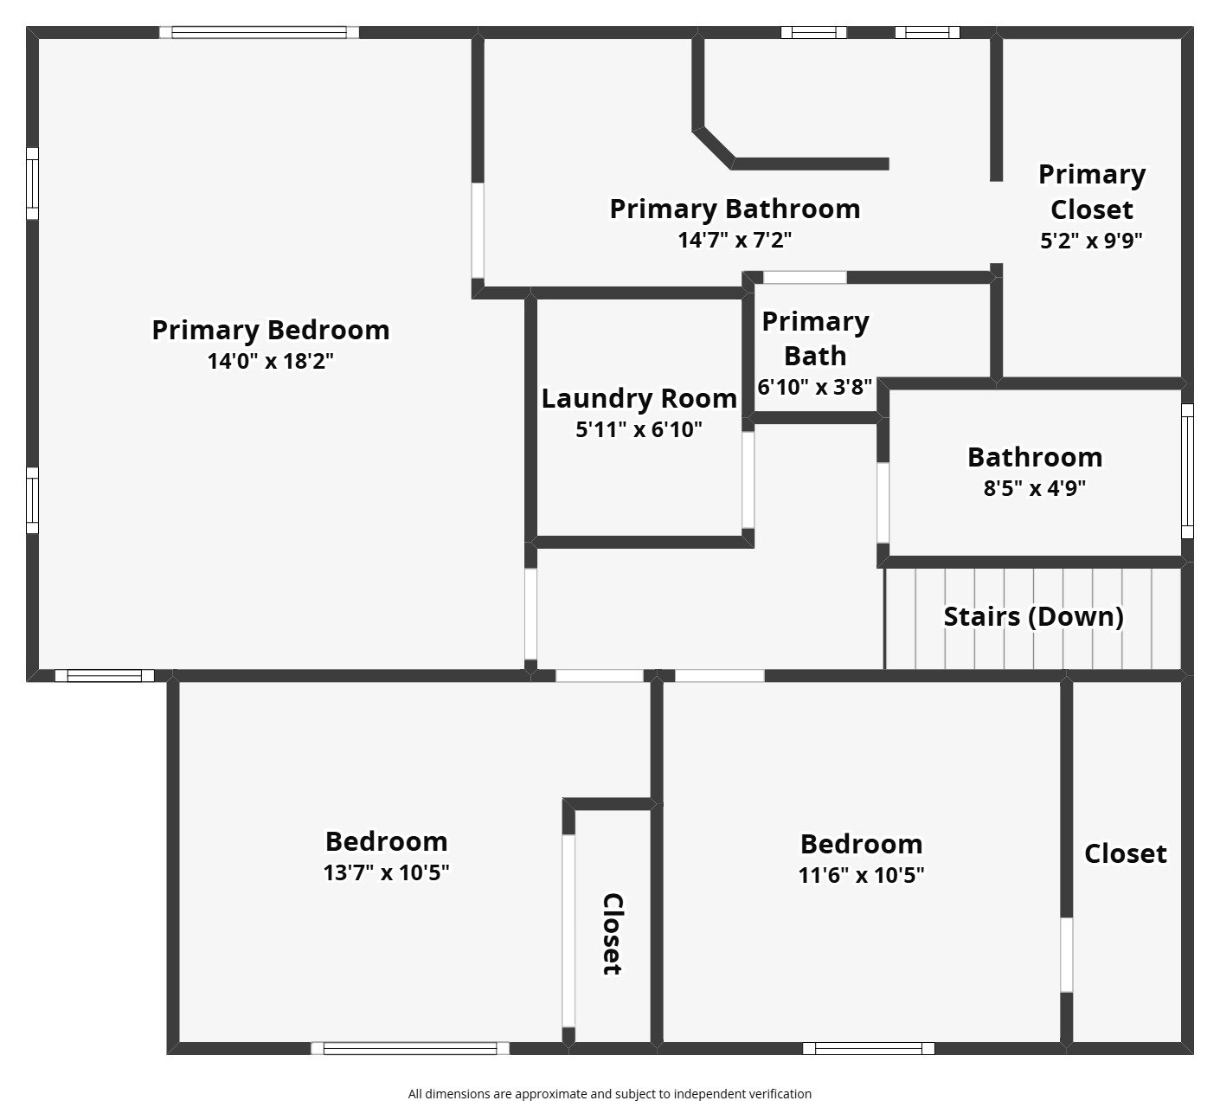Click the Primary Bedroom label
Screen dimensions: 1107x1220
270,330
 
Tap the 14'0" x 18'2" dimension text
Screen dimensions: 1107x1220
270,362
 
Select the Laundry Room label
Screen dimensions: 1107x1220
639,398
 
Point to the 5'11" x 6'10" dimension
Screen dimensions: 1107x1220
639,429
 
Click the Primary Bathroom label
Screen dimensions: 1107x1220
735,209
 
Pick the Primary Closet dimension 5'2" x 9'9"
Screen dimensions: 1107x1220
1091,241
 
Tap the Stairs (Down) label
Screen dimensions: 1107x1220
1033,616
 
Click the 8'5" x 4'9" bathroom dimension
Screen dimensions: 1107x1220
1034,488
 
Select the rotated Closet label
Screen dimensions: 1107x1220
612,934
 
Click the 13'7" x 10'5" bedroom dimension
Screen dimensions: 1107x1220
386,872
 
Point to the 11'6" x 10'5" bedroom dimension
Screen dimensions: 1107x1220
861,875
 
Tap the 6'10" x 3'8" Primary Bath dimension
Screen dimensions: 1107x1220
814,387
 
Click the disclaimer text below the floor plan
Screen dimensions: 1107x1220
609,1093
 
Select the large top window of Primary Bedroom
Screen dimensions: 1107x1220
259,33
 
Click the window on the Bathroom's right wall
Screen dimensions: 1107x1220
1187,471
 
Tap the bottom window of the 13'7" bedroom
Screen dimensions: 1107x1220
410,1048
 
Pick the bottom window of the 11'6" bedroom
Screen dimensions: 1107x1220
868,1048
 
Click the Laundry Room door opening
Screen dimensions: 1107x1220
748,480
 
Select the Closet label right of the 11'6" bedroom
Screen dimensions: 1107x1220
1125,853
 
